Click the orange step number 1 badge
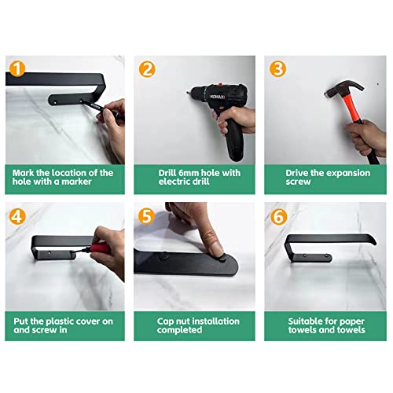tap(17, 69)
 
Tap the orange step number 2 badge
tap(147, 69)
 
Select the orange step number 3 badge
tap(277, 69)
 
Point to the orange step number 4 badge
tap(17, 216)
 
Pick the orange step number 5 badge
tap(146, 216)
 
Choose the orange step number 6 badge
tap(278, 217)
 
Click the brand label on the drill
tap(217, 97)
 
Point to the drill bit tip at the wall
tap(188, 92)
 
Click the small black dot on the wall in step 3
tap(377, 84)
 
